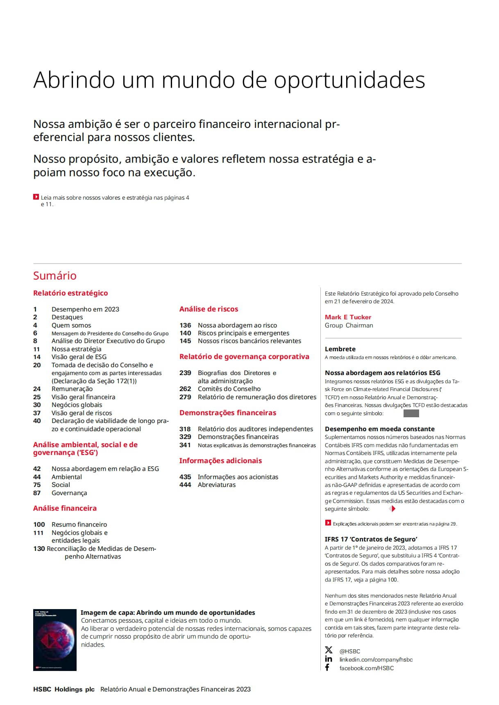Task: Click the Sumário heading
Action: click(55, 276)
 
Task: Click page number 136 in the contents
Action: click(185, 325)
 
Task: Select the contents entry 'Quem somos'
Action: click(71, 325)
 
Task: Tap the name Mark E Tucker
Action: click(348, 317)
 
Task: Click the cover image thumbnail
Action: click(55, 640)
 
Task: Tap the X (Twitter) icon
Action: click(329, 650)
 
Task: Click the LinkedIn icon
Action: click(329, 659)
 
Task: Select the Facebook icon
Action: click(327, 668)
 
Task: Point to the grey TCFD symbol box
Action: click(411, 413)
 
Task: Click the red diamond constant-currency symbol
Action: click(392, 509)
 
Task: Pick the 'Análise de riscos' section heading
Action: click(209, 309)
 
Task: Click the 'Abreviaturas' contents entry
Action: click(217, 485)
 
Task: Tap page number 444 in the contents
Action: click(185, 485)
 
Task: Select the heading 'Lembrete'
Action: click(340, 349)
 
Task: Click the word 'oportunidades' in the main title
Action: click(349, 80)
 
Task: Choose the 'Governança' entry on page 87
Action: click(69, 493)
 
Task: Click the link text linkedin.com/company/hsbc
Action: click(376, 660)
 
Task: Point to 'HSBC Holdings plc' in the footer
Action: click(64, 689)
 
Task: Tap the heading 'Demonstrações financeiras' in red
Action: click(228, 413)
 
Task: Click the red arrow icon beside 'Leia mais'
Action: click(36, 197)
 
